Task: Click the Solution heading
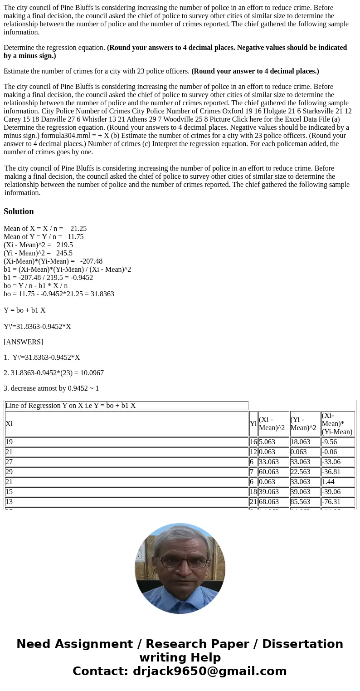19,211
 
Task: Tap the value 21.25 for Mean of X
78,229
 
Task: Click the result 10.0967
91,373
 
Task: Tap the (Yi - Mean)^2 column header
305,424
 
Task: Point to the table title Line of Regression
70,406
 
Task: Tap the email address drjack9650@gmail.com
209,671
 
